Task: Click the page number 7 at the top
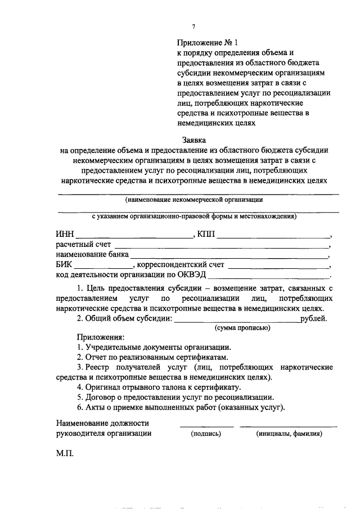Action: (193, 26)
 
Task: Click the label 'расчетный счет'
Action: (83, 245)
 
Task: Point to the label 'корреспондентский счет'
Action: (180, 265)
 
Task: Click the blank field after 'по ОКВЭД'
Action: (270, 276)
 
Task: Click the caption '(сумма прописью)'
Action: (242, 328)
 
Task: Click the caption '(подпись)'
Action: (206, 434)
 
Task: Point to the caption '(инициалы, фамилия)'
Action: (289, 434)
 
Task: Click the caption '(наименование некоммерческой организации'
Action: (194, 199)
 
